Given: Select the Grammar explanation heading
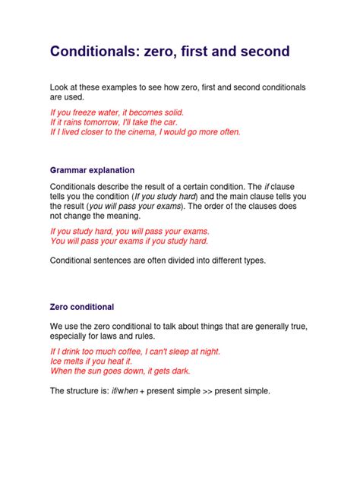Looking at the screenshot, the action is point(92,170).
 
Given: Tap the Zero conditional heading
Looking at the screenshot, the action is point(82,307).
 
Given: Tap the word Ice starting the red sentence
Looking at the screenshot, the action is point(57,362).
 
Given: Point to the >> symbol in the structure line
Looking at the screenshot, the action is point(200,391).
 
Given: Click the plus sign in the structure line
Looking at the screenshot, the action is point(141,391).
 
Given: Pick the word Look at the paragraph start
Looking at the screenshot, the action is point(60,87).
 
